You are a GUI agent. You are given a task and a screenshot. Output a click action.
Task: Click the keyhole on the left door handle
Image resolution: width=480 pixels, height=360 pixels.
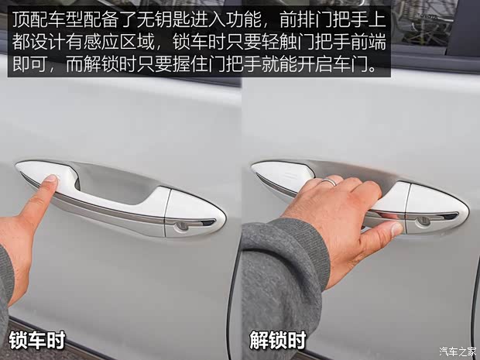tap(180, 226)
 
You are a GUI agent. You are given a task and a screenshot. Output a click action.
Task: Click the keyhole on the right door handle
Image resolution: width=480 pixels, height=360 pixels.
tap(423, 221)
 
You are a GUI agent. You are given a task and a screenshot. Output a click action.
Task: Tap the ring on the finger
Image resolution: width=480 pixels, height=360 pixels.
tap(330, 183)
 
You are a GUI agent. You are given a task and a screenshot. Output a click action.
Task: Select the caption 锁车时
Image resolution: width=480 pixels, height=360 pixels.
tap(36, 339)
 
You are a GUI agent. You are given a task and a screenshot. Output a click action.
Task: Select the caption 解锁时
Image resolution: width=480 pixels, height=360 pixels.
tap(277, 339)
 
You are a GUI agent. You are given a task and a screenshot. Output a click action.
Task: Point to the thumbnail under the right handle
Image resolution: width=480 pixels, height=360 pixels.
tap(395, 228)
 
